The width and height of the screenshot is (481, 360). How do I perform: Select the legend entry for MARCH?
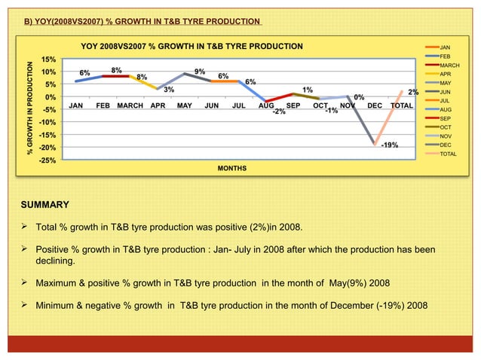pyautogui.click(x=449, y=66)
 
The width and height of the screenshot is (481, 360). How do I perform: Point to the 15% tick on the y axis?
pyautogui.click(x=47, y=59)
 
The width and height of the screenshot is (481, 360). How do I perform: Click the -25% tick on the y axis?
pyautogui.click(x=45, y=160)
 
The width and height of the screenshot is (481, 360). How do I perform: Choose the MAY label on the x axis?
pyautogui.click(x=183, y=106)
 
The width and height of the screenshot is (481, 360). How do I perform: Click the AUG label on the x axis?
pyautogui.click(x=266, y=106)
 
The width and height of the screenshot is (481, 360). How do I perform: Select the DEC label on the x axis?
pyautogui.click(x=375, y=106)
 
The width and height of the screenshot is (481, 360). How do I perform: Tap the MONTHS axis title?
pyautogui.click(x=232, y=167)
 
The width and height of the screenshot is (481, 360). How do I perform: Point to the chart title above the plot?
pyautogui.click(x=191, y=47)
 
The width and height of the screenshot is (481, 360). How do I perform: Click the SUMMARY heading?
pyautogui.click(x=44, y=205)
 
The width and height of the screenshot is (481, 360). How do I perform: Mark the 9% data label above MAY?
pyautogui.click(x=200, y=72)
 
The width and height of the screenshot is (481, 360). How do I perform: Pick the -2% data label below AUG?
pyautogui.click(x=278, y=112)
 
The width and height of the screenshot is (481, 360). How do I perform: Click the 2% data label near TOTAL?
pyautogui.click(x=413, y=92)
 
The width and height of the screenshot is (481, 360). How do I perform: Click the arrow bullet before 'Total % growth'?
pyautogui.click(x=25, y=226)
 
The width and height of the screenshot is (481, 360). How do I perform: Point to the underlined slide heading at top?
pyautogui.click(x=142, y=20)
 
